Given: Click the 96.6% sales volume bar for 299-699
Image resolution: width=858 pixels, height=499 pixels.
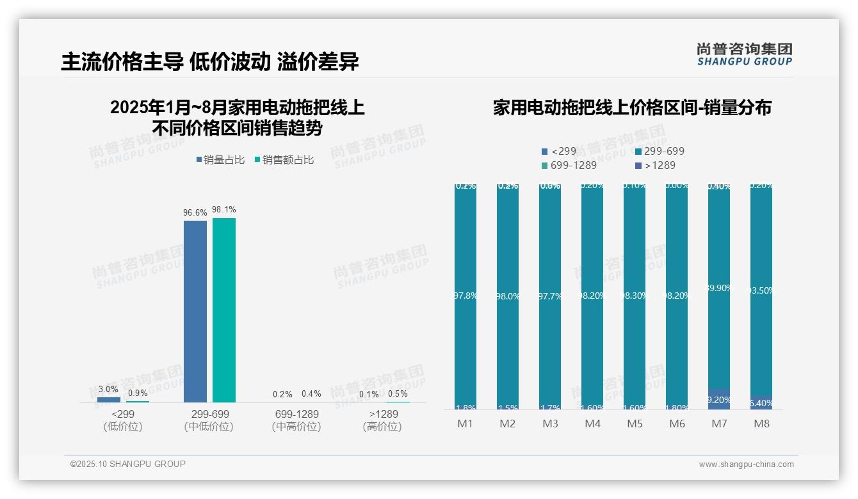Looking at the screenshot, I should coord(195,311).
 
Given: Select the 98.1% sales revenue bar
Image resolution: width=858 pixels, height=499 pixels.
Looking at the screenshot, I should coord(224,310).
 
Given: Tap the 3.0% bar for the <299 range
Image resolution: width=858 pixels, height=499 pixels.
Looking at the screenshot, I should coord(108,400).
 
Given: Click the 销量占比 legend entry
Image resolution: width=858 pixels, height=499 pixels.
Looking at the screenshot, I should coord(220,160).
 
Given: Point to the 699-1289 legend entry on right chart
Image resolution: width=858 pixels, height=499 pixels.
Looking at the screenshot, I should coord(569,165).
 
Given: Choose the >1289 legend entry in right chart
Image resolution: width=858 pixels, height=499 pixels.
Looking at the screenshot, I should coord(654,165).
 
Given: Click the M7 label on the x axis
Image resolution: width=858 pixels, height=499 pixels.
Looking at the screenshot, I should coord(719,424).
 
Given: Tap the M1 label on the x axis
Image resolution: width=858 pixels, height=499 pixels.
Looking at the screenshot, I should coord(465,424).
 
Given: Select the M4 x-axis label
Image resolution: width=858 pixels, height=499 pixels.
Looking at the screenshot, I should coord(592,424).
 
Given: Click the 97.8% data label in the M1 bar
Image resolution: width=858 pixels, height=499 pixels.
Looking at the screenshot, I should coord(465,296).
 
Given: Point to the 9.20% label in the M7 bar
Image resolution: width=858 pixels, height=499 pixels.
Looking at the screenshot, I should coord(719,400).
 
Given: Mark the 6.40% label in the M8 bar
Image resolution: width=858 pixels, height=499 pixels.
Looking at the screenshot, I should coord(761,403).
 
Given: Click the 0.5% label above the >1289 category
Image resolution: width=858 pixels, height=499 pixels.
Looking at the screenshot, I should coord(397,394).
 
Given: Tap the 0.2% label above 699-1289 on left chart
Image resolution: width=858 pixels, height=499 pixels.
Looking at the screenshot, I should coord(282,394).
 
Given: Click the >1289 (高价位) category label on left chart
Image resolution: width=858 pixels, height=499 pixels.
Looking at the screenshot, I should coord(382,420).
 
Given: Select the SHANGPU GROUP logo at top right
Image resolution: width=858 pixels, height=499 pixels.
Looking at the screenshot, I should coord(744,54).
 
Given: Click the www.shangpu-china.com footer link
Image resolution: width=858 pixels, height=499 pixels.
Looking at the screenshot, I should coord(746,464).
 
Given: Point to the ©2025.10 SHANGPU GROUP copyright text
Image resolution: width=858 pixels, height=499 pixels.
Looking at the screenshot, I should coord(128,464).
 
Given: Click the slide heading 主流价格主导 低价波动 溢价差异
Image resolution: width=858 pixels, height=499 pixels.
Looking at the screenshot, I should coord(210,61).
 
